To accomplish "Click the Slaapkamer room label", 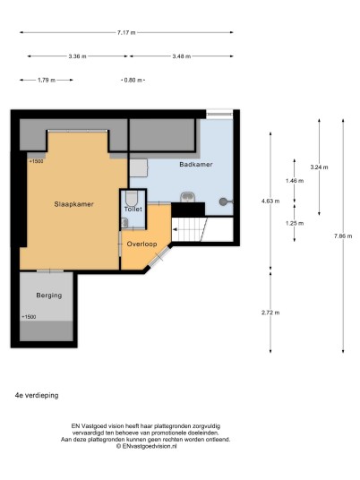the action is pyautogui.click(x=73, y=204).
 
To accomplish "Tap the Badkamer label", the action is pyautogui.click(x=196, y=165).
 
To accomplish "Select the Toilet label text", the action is pyautogui.click(x=133, y=209).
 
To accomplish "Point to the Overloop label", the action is pyautogui.click(x=142, y=244).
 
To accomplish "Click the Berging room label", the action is pyautogui.click(x=49, y=296).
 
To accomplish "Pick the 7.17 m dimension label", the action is pyautogui.click(x=126, y=32).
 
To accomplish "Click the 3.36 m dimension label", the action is pyautogui.click(x=77, y=56).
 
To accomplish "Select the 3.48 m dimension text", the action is pyautogui.click(x=182, y=56).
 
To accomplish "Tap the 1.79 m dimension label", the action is pyautogui.click(x=47, y=81).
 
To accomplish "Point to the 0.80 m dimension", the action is pyautogui.click(x=133, y=81).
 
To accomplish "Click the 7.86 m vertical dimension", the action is pyautogui.click(x=343, y=236).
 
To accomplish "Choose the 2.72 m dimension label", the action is pyautogui.click(x=270, y=313).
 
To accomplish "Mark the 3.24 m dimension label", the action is pyautogui.click(x=319, y=167).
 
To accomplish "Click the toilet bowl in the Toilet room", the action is pyautogui.click(x=132, y=199).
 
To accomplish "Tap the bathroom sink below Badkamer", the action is pyautogui.click(x=187, y=197).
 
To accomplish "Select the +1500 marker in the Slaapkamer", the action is pyautogui.click(x=36, y=161).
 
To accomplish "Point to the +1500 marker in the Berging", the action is pyautogui.click(x=29, y=317).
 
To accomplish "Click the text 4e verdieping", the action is pyautogui.click(x=37, y=396).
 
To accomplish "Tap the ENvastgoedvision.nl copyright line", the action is pyautogui.click(x=146, y=446).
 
